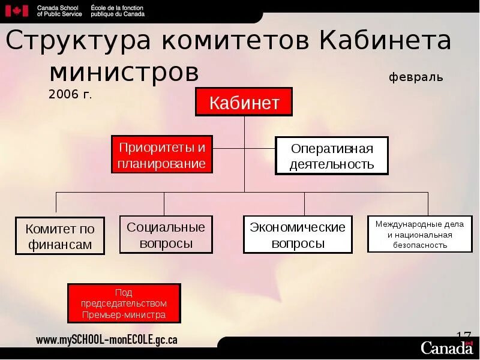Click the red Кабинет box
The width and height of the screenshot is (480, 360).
click(x=244, y=102)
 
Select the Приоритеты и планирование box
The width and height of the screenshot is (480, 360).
click(x=162, y=155)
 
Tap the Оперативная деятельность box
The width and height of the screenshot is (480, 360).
click(x=332, y=156)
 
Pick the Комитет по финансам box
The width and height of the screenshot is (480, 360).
click(x=60, y=236)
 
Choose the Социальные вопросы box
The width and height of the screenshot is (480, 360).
click(x=166, y=235)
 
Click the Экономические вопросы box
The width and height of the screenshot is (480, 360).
click(x=298, y=235)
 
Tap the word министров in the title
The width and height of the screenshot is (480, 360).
click(x=124, y=72)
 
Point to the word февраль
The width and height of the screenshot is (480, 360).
click(x=416, y=77)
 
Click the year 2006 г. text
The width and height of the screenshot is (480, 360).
click(x=71, y=94)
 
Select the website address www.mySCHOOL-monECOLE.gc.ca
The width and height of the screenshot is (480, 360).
click(x=107, y=340)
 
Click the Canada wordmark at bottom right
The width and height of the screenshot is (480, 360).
click(x=446, y=347)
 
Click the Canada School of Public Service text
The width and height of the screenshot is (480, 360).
click(x=59, y=10)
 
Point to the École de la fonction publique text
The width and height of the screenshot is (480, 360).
click(x=118, y=10)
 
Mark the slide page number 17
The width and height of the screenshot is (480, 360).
click(x=463, y=335)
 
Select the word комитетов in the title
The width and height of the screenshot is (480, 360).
click(x=235, y=41)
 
